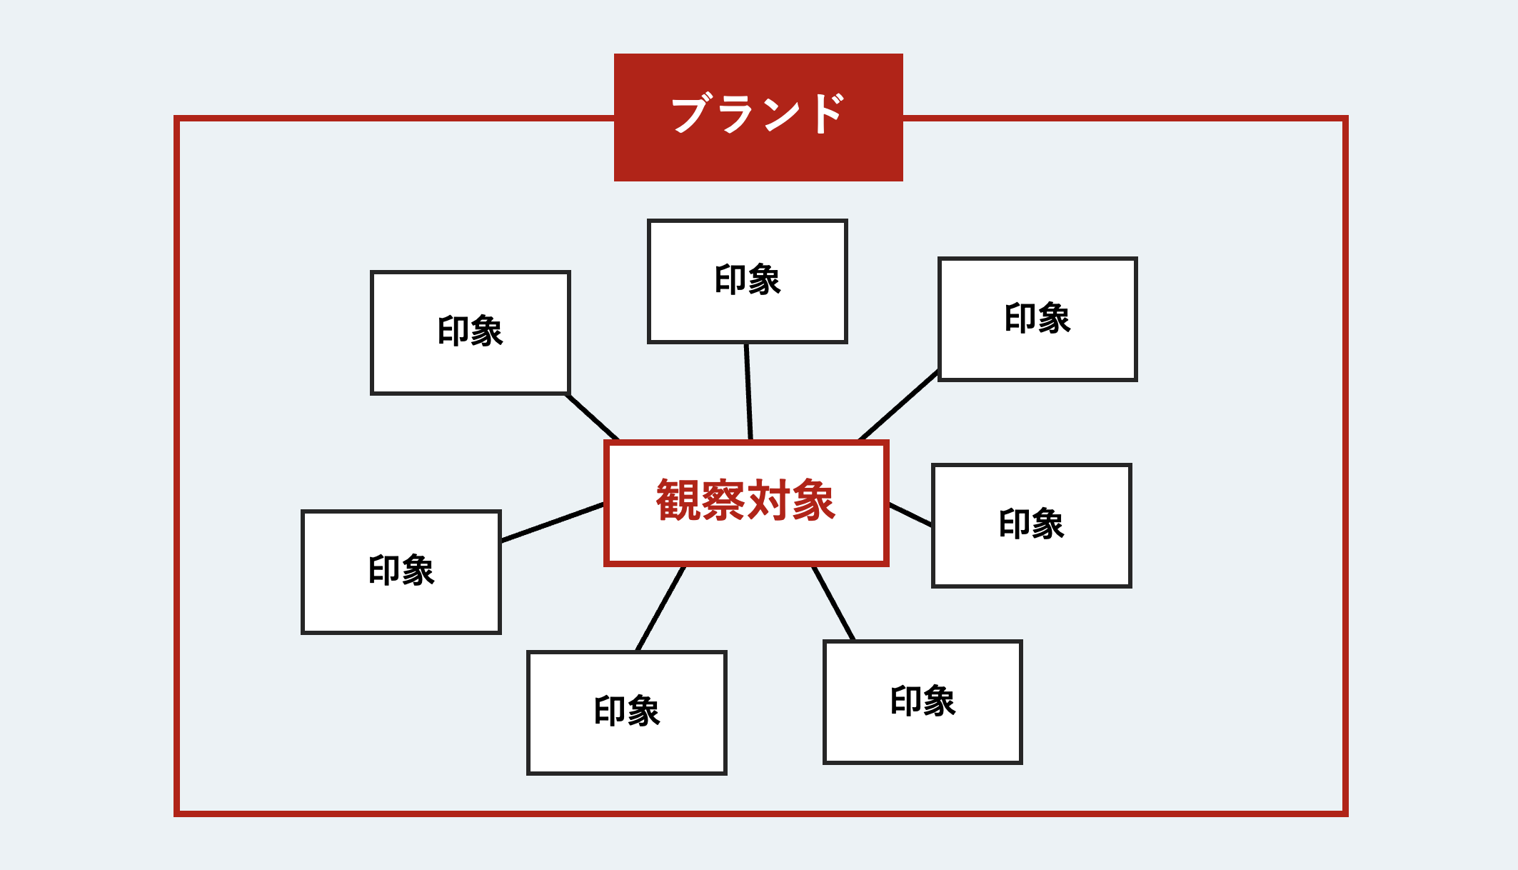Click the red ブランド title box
(758, 117)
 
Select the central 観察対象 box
(746, 503)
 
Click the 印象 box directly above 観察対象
(748, 281)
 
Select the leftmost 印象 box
(401, 572)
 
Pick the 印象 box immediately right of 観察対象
(1032, 526)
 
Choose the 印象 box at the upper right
(1037, 319)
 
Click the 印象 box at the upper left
(471, 333)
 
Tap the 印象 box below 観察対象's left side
(627, 713)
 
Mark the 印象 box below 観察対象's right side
(923, 702)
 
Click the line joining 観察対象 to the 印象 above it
(748, 392)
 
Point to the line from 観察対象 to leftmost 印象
(553, 522)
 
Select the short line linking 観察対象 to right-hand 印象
(910, 514)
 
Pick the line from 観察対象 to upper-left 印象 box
(593, 417)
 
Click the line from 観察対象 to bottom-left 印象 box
(660, 609)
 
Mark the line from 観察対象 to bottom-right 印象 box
(833, 604)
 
